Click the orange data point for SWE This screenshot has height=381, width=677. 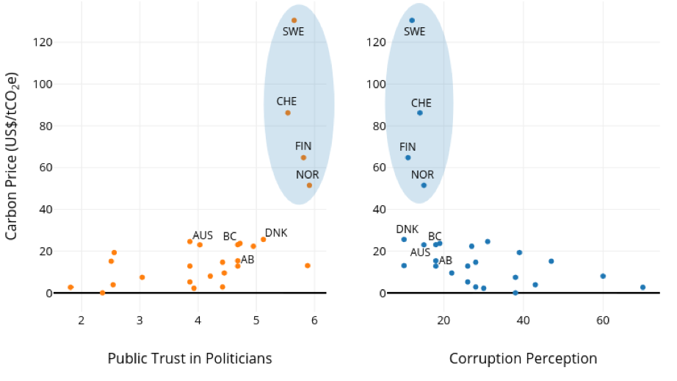[x=294, y=21]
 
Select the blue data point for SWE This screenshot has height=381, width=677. [x=412, y=21]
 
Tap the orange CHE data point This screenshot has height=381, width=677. [x=288, y=113]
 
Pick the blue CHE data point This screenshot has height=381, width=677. [x=420, y=113]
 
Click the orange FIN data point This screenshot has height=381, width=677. [x=303, y=157]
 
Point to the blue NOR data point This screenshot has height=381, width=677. [x=424, y=185]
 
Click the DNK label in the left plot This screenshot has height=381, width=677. [x=276, y=233]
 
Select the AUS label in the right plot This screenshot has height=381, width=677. [x=421, y=252]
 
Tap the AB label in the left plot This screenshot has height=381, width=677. [x=247, y=260]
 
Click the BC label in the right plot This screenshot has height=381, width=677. [x=435, y=236]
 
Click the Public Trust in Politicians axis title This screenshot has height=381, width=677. [x=189, y=358]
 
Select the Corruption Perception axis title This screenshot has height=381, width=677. [x=523, y=358]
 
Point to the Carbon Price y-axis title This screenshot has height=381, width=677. [x=12, y=156]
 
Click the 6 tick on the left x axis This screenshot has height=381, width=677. [x=314, y=319]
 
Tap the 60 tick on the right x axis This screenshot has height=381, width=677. [x=603, y=319]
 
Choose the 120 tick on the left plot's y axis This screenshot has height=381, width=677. [x=43, y=42]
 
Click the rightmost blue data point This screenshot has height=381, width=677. [x=642, y=288]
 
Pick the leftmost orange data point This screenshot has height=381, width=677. [x=70, y=287]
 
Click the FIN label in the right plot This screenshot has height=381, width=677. [x=408, y=147]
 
